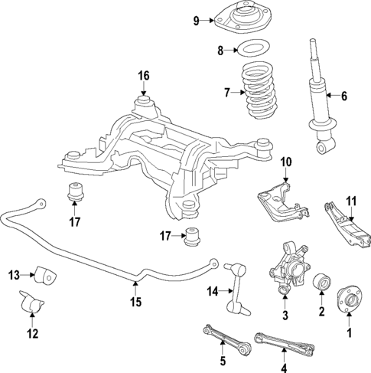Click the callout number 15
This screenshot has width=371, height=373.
(135, 302)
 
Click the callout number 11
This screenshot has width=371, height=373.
(350, 202)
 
